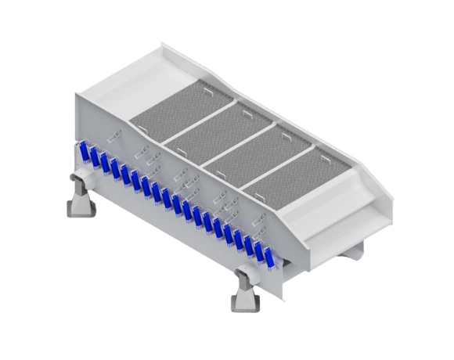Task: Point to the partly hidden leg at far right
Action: (x=359, y=249)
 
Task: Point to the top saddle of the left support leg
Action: (x=81, y=182)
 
